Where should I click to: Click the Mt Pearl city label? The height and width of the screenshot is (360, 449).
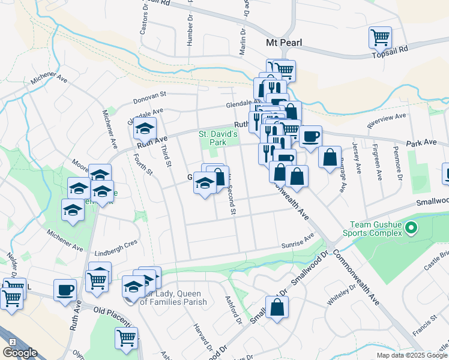(283, 43)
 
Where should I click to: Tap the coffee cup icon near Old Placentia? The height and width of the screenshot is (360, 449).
(65, 289)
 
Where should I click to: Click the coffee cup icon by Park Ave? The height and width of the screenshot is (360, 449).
(310, 136)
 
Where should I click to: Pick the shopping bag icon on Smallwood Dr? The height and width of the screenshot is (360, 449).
(277, 308)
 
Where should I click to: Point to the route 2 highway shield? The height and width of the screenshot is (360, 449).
(11, 341)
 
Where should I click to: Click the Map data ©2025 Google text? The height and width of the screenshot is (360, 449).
(411, 355)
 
